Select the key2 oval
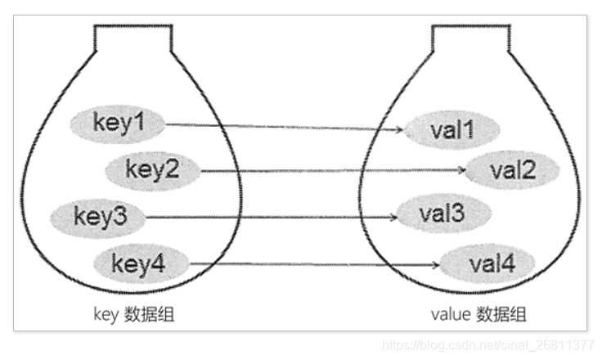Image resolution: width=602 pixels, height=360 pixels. (x=152, y=169)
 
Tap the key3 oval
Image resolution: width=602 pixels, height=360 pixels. (x=99, y=217)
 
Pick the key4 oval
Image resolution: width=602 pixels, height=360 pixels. (x=140, y=263)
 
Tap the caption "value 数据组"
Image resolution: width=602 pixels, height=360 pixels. (x=478, y=315)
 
